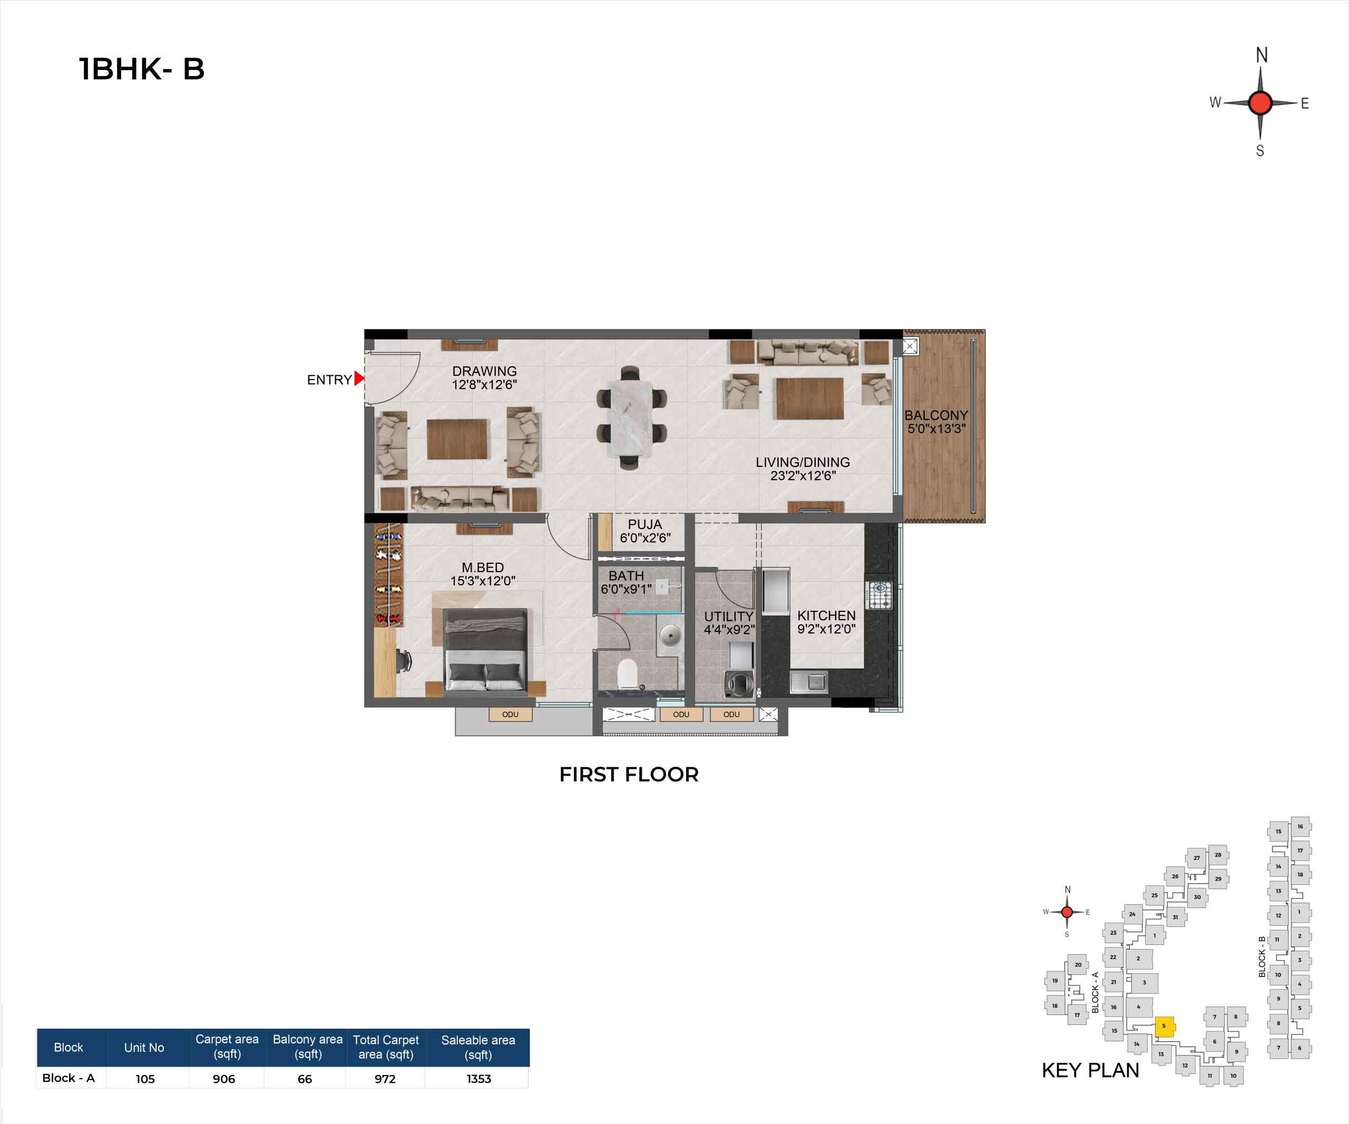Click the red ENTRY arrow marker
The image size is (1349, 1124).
(x=359, y=379)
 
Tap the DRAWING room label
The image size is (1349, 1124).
(x=484, y=371)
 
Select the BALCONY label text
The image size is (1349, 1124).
(x=936, y=416)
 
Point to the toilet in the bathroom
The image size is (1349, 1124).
(x=627, y=675)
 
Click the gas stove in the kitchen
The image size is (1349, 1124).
(x=879, y=595)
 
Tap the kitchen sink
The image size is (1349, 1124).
(x=809, y=681)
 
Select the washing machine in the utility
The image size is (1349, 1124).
(x=739, y=683)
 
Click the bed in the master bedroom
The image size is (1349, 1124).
(x=486, y=651)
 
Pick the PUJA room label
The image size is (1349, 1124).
(x=645, y=525)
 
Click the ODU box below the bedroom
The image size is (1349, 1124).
(x=511, y=714)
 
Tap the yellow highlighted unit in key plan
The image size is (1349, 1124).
(x=1165, y=1027)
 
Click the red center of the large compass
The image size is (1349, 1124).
(x=1260, y=103)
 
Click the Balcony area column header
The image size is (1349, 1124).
(x=308, y=1047)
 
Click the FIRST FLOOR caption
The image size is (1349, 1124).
(x=629, y=775)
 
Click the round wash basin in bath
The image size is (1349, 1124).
(x=670, y=636)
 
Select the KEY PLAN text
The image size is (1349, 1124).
(x=1090, y=1071)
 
